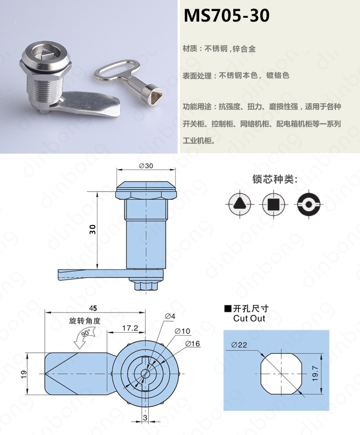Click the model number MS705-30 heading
[x=226, y=15]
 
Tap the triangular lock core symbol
[x=240, y=204]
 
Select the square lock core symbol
[x=274, y=205]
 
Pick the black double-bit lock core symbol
[x=309, y=205]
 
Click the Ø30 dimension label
[x=146, y=166]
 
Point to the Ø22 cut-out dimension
[x=239, y=345]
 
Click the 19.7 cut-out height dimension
[x=315, y=374]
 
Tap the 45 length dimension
[x=93, y=308]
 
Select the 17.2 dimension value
[x=130, y=328]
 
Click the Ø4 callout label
[x=170, y=316]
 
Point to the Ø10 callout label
[x=182, y=331]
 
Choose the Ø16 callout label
[x=192, y=343]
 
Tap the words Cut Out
[x=249, y=318]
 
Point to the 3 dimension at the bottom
[x=145, y=418]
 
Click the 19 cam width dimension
[x=24, y=373]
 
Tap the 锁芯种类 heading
[x=275, y=179]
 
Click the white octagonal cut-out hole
[x=281, y=374]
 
